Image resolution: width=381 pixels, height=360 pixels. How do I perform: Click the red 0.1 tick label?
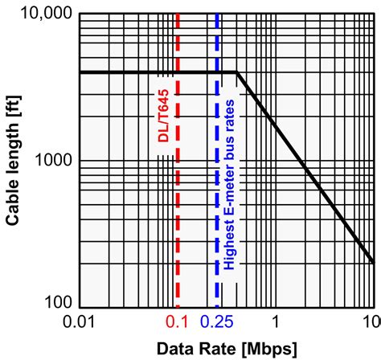click(177, 321)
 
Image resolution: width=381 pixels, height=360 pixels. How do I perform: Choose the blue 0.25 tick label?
click(218, 321)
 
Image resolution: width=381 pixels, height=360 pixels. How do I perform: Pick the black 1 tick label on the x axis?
click(276, 321)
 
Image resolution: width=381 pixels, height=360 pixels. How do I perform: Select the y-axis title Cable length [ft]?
click(15, 160)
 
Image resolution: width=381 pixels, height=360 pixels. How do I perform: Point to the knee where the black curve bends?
click(237, 73)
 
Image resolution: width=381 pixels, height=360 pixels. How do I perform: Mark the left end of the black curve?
click(80, 73)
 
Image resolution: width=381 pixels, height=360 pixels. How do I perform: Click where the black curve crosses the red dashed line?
click(178, 73)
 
